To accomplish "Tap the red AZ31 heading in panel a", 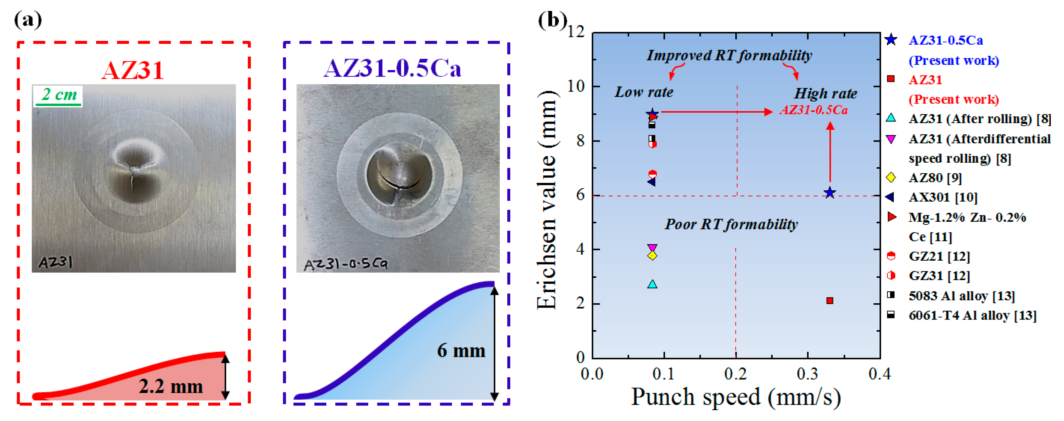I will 133,70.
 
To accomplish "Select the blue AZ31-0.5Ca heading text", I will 392,68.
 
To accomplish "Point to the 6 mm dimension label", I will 461,351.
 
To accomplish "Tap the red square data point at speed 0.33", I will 830,300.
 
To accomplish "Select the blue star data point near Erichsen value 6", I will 830,193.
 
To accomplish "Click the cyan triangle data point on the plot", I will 652,284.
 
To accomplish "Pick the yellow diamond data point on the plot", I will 652,256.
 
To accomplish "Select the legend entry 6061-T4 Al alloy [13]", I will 972,315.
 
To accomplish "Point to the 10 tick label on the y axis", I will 576,86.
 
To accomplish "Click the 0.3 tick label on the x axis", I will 807,374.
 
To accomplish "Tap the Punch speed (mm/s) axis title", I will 736,397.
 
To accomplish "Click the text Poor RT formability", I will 731,224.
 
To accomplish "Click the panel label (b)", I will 552,20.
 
